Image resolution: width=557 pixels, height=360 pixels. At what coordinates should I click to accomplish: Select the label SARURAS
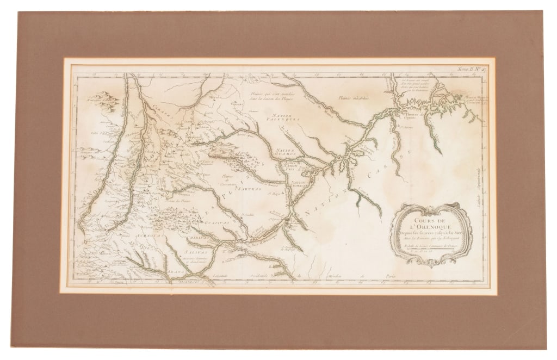point(249,190)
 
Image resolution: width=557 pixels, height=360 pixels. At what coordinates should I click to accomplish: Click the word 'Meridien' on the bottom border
point(336,277)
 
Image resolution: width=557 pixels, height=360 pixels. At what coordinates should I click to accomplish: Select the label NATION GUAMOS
point(284,152)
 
